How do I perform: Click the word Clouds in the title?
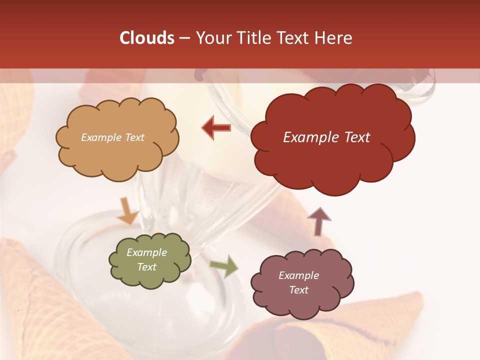[147, 38]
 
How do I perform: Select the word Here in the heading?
[335, 38]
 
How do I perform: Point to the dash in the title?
[184, 38]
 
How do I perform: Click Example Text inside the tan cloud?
[112, 137]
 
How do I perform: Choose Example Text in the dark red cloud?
[326, 137]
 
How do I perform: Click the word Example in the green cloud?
[146, 252]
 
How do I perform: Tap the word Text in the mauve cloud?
[298, 290]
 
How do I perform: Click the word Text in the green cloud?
[146, 267]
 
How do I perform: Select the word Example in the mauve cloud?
[298, 275]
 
